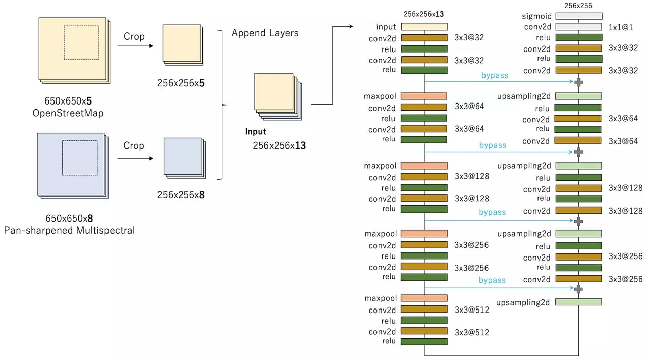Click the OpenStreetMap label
pos(68,113)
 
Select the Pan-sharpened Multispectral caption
pos(69,230)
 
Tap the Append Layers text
pos(265,33)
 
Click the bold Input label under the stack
pos(255,132)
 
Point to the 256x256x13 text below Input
pos(279,146)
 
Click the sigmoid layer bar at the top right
pos(578,16)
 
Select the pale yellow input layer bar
pos(424,27)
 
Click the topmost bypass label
pos(494,76)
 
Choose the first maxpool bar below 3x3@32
pos(424,96)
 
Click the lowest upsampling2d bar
pos(578,302)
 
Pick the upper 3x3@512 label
pos(472,310)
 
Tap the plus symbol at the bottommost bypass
pos(579,288)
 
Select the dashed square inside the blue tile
pos(80,158)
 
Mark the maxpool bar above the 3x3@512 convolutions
pos(424,298)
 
